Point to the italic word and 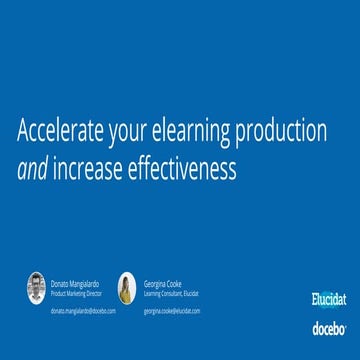coord(32,170)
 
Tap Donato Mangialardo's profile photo coord(37,288)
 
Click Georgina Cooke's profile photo coord(127,288)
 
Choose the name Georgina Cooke coord(163,284)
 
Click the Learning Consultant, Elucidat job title coord(171,293)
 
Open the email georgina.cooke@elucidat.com coord(172,311)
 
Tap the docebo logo coord(329,327)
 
